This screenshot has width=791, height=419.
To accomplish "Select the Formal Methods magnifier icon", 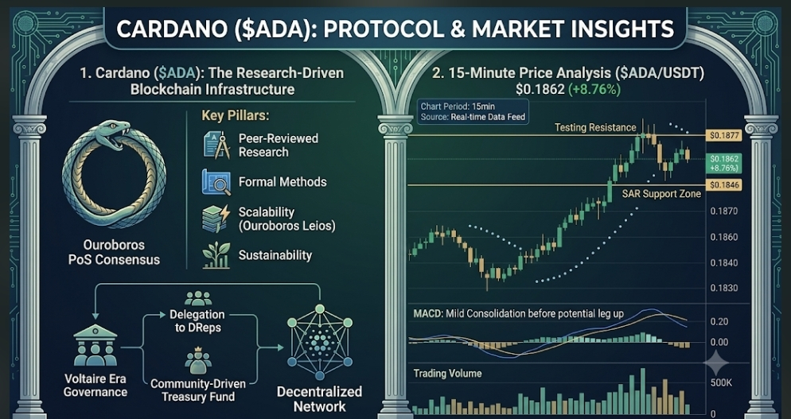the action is tap(216, 181).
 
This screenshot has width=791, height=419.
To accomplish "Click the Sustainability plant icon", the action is tap(216, 255).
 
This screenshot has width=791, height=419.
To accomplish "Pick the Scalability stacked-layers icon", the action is tap(216, 219).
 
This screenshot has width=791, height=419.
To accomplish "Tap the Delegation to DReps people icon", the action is tap(198, 298).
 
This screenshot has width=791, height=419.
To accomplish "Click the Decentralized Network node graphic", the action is tap(320, 342).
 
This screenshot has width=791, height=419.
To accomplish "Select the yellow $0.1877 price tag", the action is tap(724, 135).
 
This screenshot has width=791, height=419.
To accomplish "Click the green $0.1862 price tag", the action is tap(724, 163).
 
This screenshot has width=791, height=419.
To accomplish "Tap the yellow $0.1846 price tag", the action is tap(724, 185).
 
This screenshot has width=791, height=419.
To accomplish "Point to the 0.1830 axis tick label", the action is tap(724, 288).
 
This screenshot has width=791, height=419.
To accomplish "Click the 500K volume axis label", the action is tap(721, 382).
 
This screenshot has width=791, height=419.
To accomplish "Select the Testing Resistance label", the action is tap(595, 127).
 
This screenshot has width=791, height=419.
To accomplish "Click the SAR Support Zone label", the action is tap(661, 194).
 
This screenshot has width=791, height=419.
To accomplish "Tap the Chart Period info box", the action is tap(473, 111).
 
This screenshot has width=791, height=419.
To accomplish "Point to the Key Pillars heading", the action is tap(235, 115).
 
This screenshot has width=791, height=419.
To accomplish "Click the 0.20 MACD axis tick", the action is tap(719, 322).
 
